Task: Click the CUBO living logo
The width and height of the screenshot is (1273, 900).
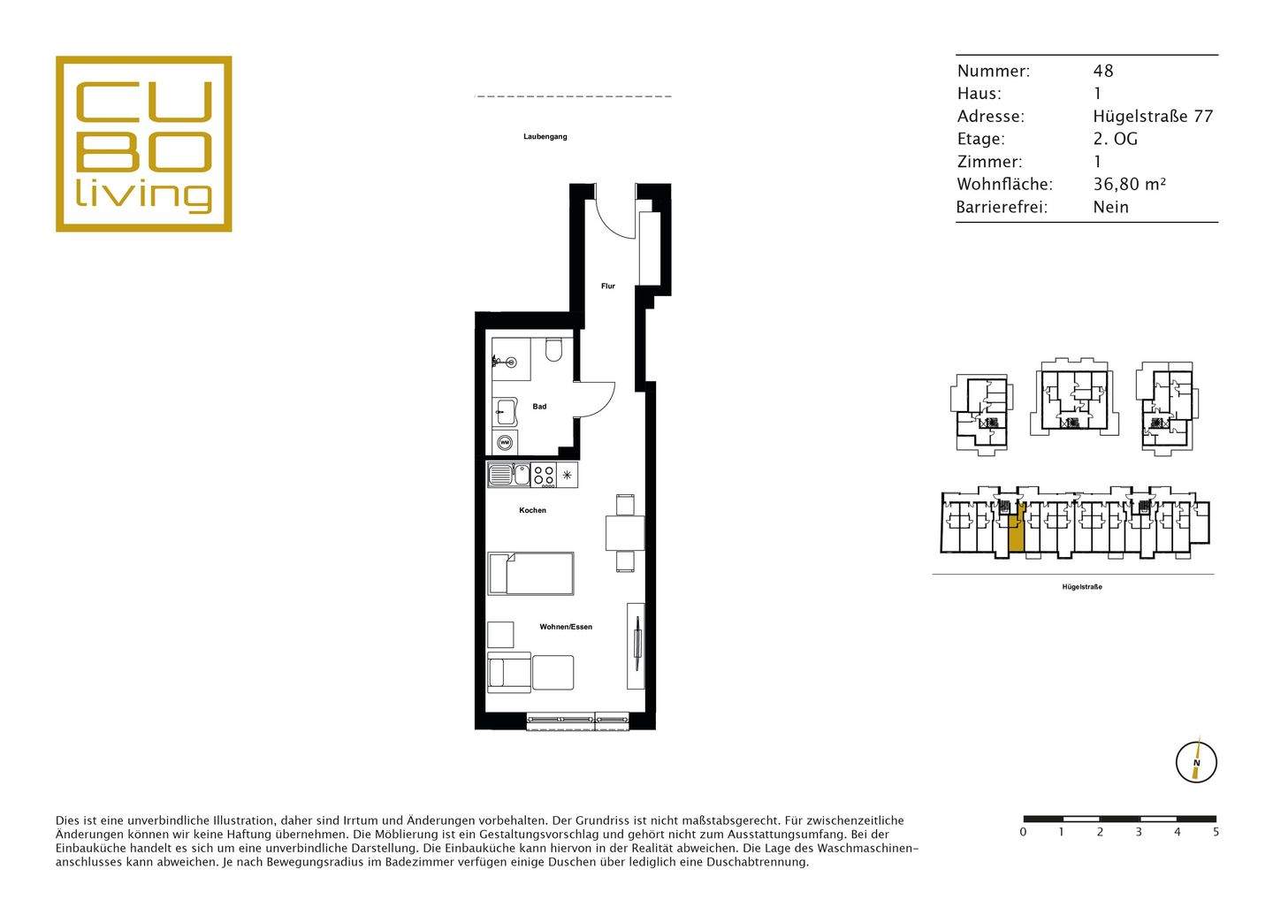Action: tap(143, 144)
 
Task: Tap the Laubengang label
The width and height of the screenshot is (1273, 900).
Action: tap(545, 137)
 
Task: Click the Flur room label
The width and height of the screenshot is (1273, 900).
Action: tap(607, 286)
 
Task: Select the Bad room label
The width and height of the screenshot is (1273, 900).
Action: tap(539, 407)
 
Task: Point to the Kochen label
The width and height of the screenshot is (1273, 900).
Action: tap(532, 510)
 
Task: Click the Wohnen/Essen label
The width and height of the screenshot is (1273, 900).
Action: tap(566, 627)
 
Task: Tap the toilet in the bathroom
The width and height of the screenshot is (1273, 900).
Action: tap(553, 351)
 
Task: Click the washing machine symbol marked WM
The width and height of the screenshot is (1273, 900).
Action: tap(505, 442)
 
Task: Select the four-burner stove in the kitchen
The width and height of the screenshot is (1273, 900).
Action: tap(544, 475)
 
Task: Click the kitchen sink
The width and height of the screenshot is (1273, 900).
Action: tap(508, 475)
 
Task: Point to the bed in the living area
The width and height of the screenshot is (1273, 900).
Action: tap(530, 573)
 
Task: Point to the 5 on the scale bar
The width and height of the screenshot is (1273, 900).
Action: tap(1216, 832)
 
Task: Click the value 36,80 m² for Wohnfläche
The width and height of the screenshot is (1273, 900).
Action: tap(1130, 185)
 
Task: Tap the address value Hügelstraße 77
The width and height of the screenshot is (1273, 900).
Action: tap(1153, 117)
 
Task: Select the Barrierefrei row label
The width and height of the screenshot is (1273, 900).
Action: tap(1002, 208)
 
